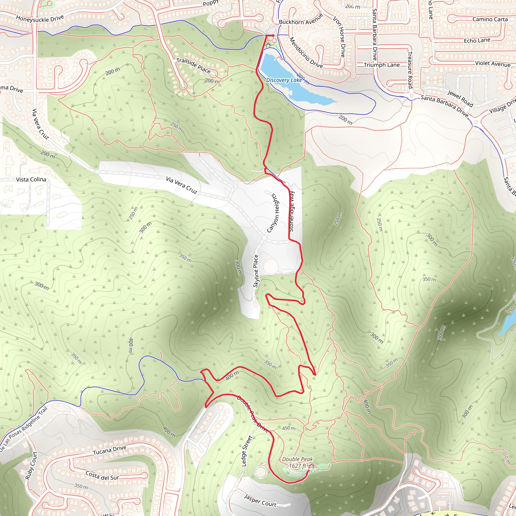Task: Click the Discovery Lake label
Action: click(x=284, y=80)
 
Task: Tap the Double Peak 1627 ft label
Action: click(x=297, y=463)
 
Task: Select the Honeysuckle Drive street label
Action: click(x=40, y=18)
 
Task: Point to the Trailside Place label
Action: click(x=193, y=66)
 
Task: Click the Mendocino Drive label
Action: click(x=306, y=52)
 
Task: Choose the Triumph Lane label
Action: click(x=382, y=65)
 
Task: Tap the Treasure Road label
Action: click(x=410, y=70)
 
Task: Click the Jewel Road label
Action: click(x=460, y=98)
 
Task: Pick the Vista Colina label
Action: click(x=31, y=179)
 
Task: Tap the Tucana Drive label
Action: click(x=110, y=450)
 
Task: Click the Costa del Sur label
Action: click(x=102, y=475)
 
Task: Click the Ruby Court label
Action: click(x=31, y=466)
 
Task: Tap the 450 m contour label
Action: click(x=289, y=428)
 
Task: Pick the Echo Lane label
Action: click(x=477, y=40)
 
